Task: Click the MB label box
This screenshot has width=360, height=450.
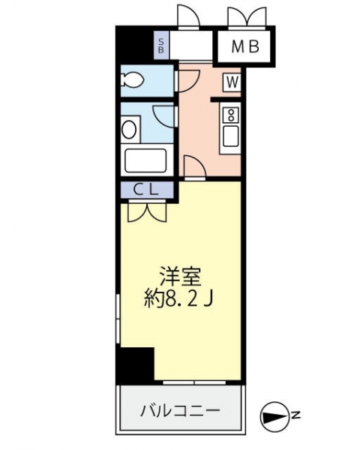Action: click(246, 46)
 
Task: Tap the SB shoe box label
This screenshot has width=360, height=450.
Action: click(161, 45)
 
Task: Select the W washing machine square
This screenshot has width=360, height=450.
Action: click(232, 82)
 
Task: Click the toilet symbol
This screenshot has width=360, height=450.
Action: click(133, 79)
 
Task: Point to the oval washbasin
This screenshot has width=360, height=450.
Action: click(128, 130)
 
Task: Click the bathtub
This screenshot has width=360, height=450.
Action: click(145, 160)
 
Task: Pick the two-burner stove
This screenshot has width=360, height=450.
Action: click(230, 114)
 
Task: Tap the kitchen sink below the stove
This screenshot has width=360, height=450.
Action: click(230, 136)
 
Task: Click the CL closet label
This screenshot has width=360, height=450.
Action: click(146, 190)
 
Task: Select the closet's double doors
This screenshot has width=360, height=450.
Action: click(147, 212)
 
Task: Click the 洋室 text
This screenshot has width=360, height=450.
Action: click(180, 276)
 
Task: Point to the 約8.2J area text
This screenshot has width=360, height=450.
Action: click(178, 298)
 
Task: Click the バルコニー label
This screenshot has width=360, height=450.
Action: click(180, 411)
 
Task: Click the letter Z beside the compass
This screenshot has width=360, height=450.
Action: click(295, 415)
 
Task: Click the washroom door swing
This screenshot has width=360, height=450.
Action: click(163, 116)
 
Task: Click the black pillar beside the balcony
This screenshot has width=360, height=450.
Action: click(135, 364)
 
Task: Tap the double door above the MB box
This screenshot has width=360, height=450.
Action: click(247, 16)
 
